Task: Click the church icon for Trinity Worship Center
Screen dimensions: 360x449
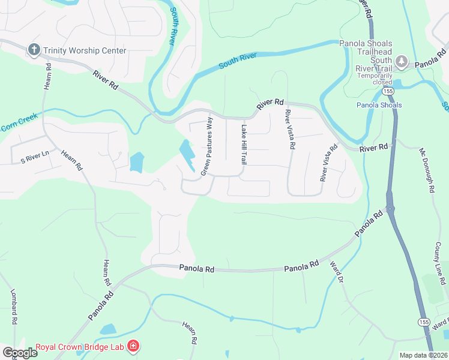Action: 35,50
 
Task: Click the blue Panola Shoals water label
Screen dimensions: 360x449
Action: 379,105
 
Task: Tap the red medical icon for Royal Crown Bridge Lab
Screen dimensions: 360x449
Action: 133,346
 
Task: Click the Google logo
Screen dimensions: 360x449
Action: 20,352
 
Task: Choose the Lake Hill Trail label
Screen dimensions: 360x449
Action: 244,145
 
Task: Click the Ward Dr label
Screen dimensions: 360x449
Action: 337,271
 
